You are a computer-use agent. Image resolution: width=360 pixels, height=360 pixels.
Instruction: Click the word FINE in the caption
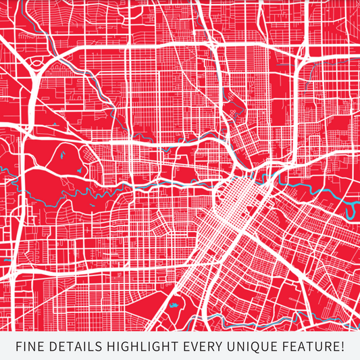tap(30, 347)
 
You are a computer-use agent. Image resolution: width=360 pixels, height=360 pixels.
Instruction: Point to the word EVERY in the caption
tap(204, 347)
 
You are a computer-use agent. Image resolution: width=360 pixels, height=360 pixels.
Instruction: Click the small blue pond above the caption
tap(174, 305)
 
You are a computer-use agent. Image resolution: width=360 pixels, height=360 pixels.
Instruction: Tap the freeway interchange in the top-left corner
tap(30, 64)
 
